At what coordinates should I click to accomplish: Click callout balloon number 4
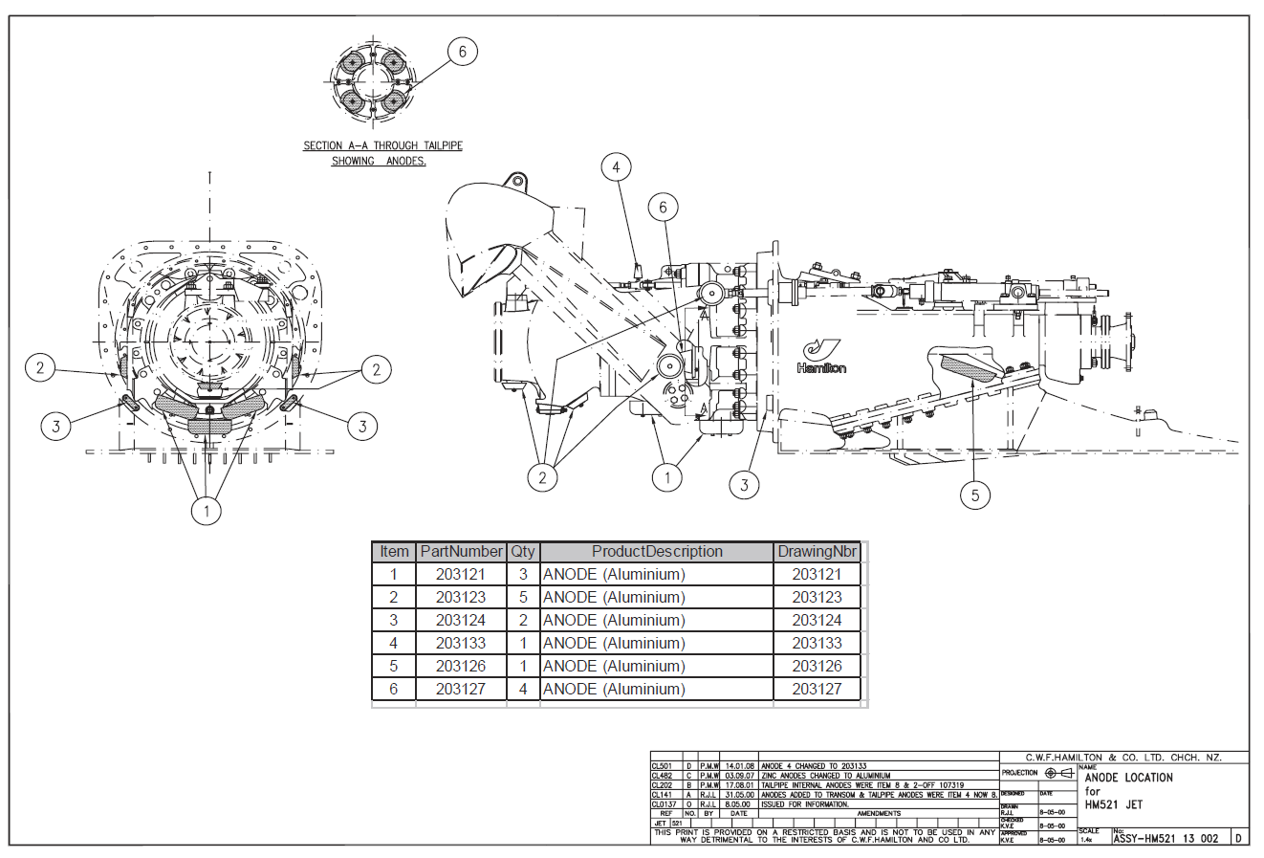click(616, 168)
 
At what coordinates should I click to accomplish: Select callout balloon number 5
click(975, 495)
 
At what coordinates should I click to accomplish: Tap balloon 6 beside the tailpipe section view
click(463, 52)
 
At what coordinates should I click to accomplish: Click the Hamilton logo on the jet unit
click(821, 356)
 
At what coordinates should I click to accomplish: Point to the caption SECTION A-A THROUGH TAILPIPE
click(382, 145)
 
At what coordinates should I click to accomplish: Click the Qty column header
click(523, 552)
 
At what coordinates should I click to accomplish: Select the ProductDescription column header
click(657, 552)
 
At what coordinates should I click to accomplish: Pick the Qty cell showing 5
click(523, 597)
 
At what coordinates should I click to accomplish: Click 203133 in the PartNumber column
click(461, 643)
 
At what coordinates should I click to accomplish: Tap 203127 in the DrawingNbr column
click(817, 689)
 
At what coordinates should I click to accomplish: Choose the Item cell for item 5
click(394, 666)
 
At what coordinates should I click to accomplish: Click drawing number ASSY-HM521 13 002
click(1166, 839)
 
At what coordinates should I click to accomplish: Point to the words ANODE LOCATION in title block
click(1128, 778)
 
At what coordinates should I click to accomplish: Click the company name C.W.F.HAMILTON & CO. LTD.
click(1122, 758)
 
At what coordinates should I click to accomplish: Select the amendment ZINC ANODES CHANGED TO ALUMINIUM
click(825, 776)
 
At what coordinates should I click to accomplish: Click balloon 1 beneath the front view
click(207, 512)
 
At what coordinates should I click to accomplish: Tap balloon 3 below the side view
click(745, 485)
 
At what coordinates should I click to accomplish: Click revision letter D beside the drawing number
click(1238, 839)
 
